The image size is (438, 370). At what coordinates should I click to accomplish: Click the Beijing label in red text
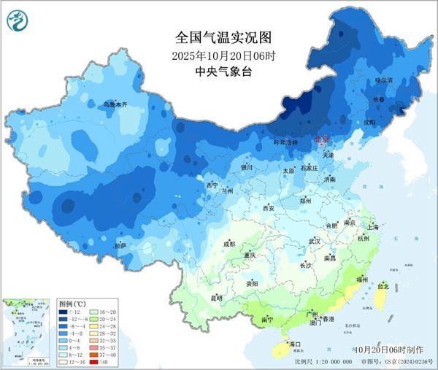pyautogui.click(x=320, y=139)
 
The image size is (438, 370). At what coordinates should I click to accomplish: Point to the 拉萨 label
pyautogui.click(x=120, y=246)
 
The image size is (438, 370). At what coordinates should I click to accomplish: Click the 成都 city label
pyautogui.click(x=229, y=243)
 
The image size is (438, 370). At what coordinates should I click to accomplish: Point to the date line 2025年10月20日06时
pyautogui.click(x=214, y=55)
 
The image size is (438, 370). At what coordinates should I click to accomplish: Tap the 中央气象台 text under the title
pyautogui.click(x=214, y=72)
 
